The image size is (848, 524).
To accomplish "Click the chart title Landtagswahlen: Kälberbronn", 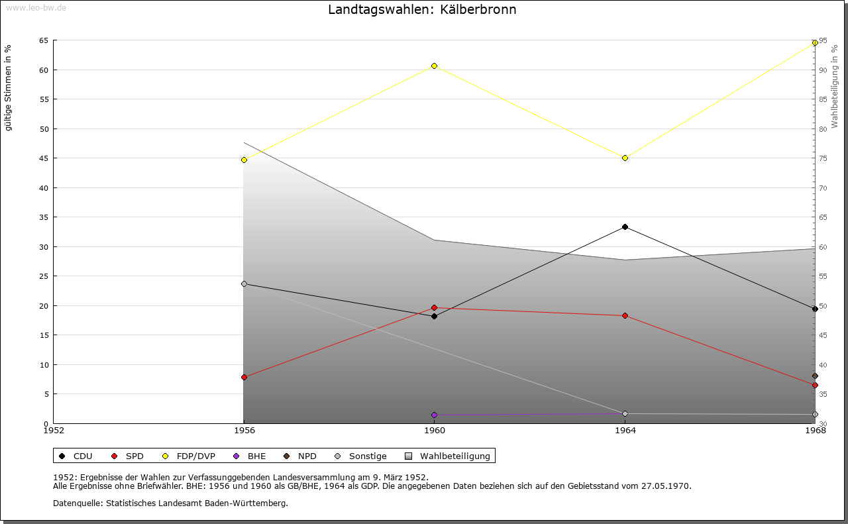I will click(422, 10).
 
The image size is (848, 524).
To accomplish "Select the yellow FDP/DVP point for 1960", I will click(434, 66).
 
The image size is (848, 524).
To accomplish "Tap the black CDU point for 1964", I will click(625, 227).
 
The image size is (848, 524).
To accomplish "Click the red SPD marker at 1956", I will click(244, 377).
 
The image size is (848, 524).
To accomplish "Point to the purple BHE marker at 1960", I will click(434, 415).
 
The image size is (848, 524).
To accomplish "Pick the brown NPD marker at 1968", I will click(815, 376).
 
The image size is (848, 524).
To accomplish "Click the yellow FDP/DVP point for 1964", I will click(625, 158).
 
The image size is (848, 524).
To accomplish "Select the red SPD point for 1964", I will click(625, 315).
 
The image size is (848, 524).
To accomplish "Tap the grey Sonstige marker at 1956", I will click(244, 284).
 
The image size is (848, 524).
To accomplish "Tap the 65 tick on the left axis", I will click(44, 40).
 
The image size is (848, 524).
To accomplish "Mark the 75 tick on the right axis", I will click(822, 158).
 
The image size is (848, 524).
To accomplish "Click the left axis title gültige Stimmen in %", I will click(8, 87).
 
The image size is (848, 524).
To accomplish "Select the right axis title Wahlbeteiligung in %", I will click(835, 87).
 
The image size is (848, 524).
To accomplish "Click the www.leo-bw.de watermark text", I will click(35, 6).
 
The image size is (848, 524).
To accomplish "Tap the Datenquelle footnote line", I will click(170, 503).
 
